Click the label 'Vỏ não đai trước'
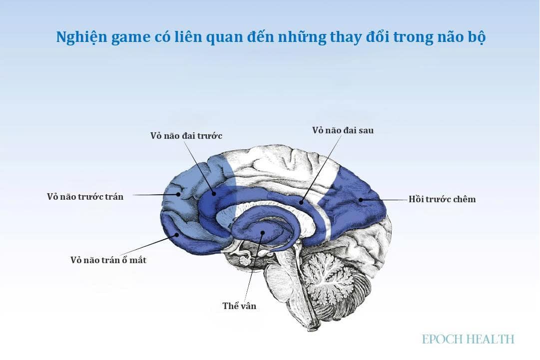click(x=186, y=136)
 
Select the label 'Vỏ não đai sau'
click(x=343, y=130)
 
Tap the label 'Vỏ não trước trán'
click(x=85, y=197)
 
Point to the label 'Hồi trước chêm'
click(x=442, y=199)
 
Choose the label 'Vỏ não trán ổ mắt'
click(x=108, y=260)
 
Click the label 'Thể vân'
click(x=239, y=306)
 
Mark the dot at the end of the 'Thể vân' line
click(x=262, y=233)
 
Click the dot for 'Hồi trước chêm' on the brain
click(x=361, y=199)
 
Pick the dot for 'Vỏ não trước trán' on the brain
click(x=178, y=194)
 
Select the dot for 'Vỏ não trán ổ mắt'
click(x=177, y=235)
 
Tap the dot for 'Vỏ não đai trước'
click(x=214, y=193)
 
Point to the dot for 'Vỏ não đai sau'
click(x=301, y=202)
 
